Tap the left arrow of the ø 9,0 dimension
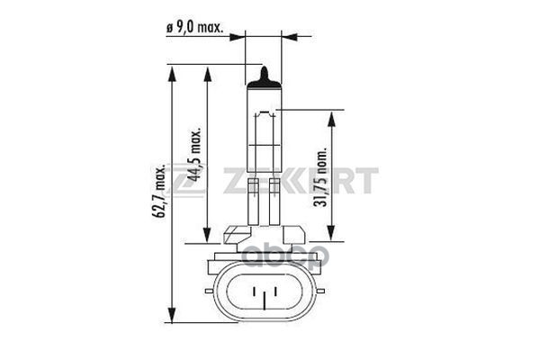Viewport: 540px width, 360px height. (239, 38)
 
